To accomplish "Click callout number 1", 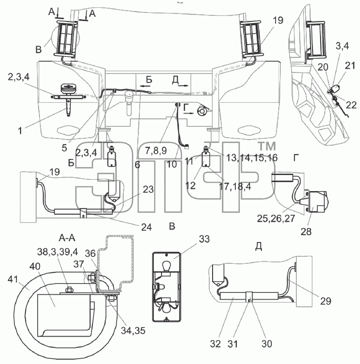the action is point(20,131).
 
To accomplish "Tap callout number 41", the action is point(13,279).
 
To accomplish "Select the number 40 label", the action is point(35,266).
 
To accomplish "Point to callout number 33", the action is point(204,239).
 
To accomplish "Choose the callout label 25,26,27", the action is point(276,219).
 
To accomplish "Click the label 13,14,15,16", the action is point(252,158).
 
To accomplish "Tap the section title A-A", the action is point(67,238).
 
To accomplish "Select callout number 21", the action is point(350,66).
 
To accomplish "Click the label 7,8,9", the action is point(156,151).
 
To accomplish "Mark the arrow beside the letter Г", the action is point(188,113).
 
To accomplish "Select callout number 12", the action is point(190,186).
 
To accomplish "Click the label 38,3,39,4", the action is point(58,252).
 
